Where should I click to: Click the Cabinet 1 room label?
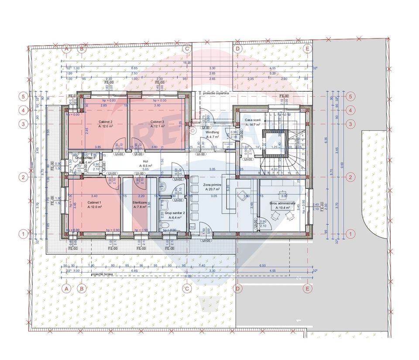pos(94,203)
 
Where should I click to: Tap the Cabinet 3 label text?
pos(157,121)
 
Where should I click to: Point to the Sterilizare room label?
pos(140,203)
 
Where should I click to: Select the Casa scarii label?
pos(253,120)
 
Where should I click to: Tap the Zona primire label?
pos(212,185)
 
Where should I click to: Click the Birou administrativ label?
pos(279,203)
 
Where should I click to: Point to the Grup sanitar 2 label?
pos(168,207)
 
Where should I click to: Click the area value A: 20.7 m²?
pos(212,190)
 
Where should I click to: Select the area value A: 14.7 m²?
pos(253,125)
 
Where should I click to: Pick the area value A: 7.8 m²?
pos(140,207)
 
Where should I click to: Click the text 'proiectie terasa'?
pos(103,275)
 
